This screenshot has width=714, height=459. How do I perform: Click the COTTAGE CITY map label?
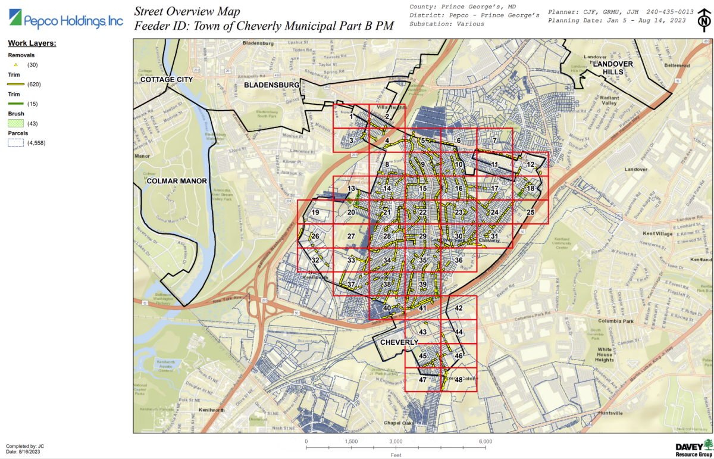167,79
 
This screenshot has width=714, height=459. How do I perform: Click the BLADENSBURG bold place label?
271,85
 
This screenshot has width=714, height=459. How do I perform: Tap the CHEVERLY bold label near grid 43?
399,342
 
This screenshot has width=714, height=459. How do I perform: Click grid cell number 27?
351,236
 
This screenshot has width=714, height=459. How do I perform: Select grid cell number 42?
459,308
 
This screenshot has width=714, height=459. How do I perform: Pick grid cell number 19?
315,213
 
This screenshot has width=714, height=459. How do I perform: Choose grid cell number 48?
459,379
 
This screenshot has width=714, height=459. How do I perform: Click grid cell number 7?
494,140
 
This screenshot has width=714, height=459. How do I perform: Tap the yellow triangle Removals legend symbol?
16,64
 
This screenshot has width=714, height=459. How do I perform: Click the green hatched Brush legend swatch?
16,123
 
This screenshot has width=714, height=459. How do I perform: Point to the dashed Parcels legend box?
16,143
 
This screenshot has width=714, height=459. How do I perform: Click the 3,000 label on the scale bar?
396,441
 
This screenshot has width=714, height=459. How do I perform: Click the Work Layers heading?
32,43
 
